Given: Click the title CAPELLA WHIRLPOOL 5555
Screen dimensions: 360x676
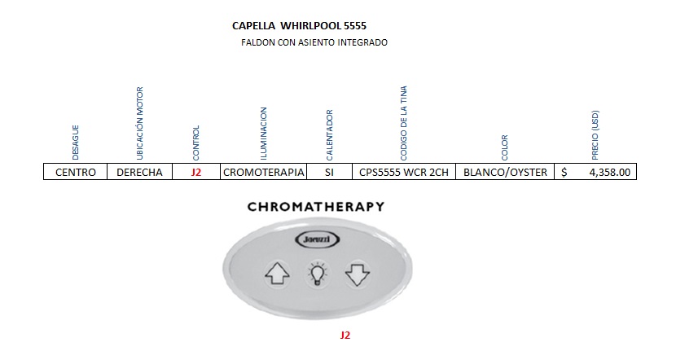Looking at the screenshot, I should tap(299, 26).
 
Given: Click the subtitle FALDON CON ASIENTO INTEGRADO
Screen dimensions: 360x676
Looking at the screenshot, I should tap(314, 42).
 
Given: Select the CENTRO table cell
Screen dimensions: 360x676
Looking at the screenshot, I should tap(75, 172).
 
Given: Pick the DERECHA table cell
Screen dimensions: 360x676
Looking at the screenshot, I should tap(139, 172).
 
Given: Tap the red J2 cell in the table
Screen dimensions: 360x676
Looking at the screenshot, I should tap(195, 172).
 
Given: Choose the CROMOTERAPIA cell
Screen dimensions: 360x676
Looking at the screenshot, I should tap(263, 172).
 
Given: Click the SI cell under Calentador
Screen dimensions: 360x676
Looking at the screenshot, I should tap(329, 172).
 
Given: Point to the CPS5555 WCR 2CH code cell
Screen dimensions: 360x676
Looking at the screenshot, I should tap(402, 172).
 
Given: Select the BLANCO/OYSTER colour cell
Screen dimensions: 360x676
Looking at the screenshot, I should tap(505, 172).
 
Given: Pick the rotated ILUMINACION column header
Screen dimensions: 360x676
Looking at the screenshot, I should tap(263, 132).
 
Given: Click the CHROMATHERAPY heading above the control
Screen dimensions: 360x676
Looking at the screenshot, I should tap(315, 207).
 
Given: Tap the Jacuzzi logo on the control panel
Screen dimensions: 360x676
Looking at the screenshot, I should tap(315, 239).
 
